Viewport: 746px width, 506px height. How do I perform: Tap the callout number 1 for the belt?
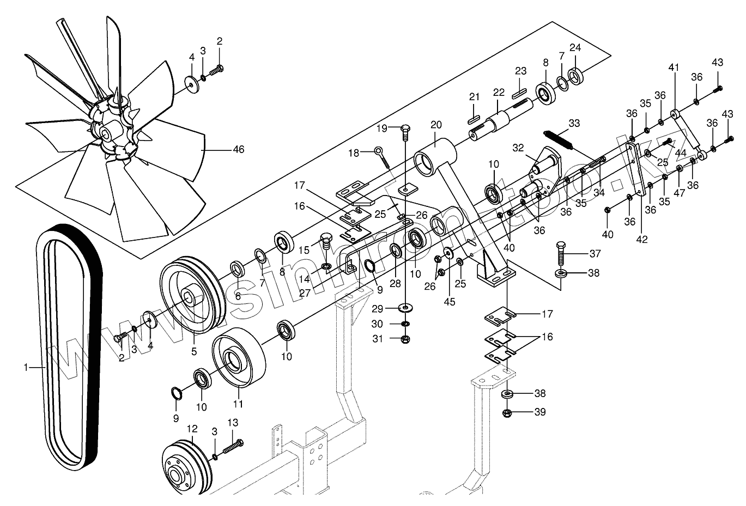[25, 368]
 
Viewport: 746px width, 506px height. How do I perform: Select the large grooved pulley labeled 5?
[191, 297]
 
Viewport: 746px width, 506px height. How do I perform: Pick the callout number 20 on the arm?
[435, 124]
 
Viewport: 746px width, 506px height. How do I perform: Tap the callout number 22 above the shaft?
[499, 92]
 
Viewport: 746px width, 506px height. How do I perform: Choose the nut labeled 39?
[507, 412]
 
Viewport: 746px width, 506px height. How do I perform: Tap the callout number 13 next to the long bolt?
[233, 423]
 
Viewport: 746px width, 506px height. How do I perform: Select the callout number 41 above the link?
[674, 68]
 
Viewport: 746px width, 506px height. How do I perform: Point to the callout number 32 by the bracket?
[518, 148]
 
